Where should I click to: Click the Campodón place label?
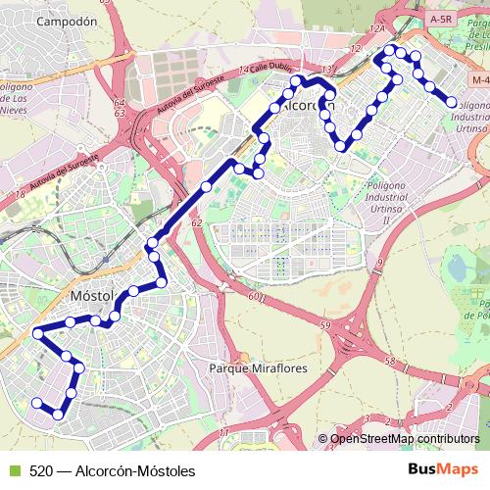67,20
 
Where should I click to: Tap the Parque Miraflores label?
259,368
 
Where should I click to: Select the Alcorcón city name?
307,106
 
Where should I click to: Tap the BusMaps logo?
442,469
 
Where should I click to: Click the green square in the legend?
13,470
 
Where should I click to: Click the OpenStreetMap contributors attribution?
405,439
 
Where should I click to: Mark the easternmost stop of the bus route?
452,101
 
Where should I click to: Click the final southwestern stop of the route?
36,403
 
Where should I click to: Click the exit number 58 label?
390,362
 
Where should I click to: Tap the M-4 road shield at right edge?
478,78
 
